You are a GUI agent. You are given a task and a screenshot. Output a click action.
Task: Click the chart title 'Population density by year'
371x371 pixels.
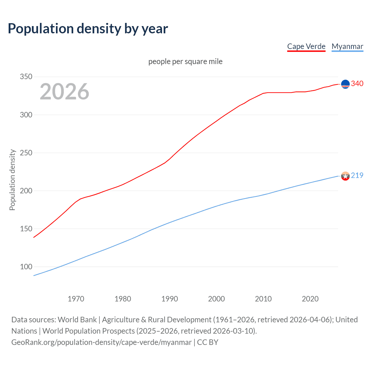tap(88, 29)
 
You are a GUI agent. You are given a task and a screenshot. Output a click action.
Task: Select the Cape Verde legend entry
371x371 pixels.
tap(306, 46)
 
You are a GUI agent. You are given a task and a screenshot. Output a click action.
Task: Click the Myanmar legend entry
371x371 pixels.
tap(347, 46)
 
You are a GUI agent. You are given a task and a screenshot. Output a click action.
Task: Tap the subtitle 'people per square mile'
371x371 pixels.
tap(185, 61)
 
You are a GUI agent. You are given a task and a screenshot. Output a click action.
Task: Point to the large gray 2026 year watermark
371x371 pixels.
tap(64, 92)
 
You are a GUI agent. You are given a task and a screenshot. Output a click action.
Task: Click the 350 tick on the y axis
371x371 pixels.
tap(26, 77)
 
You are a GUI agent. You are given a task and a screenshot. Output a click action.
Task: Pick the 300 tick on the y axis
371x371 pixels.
tap(26, 115)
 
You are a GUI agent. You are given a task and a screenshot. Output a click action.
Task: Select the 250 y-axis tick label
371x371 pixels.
tap(26, 153)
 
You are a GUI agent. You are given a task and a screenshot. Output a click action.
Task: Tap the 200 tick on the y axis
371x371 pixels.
tap(26, 191)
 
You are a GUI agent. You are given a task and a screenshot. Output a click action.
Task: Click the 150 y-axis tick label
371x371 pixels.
tap(26, 229)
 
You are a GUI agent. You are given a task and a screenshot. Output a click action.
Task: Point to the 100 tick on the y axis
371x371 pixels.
tap(26, 267)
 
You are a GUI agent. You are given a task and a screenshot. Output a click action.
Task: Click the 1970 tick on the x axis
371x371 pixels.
tap(76, 299)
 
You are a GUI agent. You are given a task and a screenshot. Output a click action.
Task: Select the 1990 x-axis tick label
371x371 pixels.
tap(170, 299)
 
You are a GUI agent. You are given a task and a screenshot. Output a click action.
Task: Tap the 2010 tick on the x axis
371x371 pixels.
tap(263, 299)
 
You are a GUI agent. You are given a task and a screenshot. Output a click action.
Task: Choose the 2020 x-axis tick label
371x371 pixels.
tap(310, 299)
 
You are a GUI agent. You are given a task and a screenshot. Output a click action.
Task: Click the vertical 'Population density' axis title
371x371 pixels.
tap(12, 180)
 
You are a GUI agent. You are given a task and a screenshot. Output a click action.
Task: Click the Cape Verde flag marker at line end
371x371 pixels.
tap(345, 84)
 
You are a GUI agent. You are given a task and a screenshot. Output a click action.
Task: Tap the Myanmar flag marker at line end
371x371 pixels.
tap(345, 176)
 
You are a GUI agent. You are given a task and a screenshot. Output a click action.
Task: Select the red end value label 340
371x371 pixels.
tap(357, 83)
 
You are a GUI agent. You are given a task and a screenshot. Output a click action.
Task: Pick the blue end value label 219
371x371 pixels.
tap(357, 175)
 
